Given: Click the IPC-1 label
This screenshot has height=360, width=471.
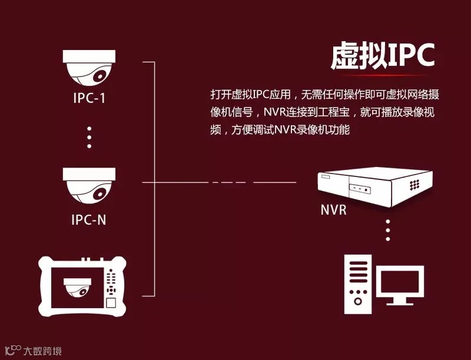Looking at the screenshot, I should click(89, 98).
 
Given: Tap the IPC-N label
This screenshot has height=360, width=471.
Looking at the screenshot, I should click(89, 221).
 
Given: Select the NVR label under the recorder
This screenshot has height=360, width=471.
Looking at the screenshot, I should click(333, 210).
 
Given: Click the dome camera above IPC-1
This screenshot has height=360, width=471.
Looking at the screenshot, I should click(89, 68).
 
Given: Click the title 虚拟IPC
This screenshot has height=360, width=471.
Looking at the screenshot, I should click(382, 56).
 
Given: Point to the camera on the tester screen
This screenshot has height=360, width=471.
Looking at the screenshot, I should click(78, 286).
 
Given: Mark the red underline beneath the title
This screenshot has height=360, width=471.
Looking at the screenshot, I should click(383, 75).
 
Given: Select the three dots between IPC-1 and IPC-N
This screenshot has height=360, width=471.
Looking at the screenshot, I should click(89, 136).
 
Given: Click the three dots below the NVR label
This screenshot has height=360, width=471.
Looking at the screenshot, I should click(387, 230).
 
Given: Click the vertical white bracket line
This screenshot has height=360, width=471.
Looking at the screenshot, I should click(154, 176).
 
